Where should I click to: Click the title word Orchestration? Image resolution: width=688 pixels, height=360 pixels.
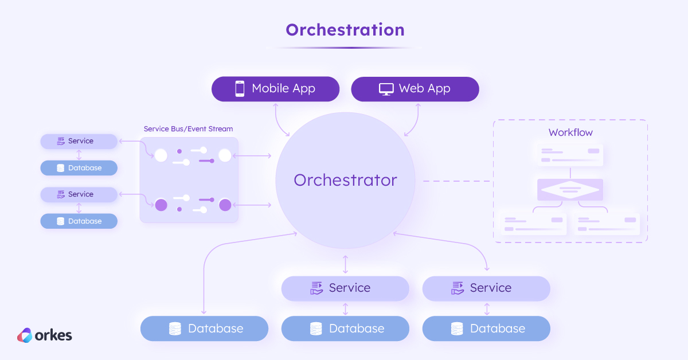(x=345, y=29)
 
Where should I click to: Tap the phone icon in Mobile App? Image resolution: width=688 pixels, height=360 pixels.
(x=240, y=89)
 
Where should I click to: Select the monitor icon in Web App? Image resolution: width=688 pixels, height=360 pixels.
(x=386, y=89)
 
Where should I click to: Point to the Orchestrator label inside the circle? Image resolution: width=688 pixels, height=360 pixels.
(x=345, y=180)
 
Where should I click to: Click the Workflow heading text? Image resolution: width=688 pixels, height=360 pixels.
(x=570, y=132)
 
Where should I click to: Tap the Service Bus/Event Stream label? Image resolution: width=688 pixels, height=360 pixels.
(x=188, y=129)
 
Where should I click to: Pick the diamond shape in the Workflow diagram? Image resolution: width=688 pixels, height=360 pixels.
(x=570, y=189)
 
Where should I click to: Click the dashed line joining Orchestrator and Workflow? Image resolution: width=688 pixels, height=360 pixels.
(x=458, y=181)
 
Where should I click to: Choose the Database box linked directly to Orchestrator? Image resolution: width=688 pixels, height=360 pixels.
(x=204, y=328)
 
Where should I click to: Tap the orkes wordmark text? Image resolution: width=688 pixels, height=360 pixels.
(x=54, y=335)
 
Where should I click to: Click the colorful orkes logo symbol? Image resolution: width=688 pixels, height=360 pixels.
(x=25, y=335)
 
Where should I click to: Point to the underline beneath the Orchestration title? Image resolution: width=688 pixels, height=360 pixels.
(x=345, y=48)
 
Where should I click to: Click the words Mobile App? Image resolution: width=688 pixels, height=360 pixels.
(x=283, y=89)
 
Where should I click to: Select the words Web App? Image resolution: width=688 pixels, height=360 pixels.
(x=424, y=89)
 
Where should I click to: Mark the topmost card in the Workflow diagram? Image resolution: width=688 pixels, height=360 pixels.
(x=570, y=155)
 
